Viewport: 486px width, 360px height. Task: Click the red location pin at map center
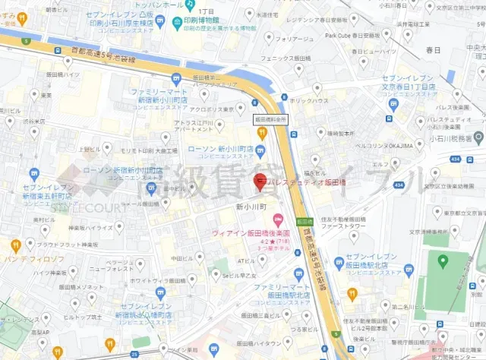pyautogui.click(x=259, y=182)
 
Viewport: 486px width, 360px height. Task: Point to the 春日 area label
pyautogui.click(x=434, y=50)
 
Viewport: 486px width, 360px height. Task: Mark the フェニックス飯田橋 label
pyautogui.click(x=282, y=58)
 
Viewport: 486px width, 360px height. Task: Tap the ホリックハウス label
pyautogui.click(x=310, y=100)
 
